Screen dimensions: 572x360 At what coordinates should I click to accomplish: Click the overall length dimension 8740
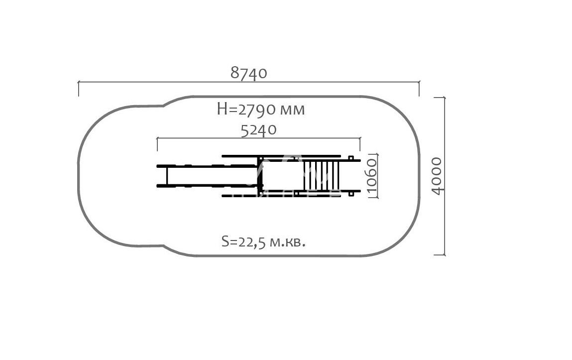[249, 73]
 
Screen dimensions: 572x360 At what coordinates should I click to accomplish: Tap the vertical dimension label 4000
[437, 176]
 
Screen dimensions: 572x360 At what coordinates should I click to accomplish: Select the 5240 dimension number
[259, 129]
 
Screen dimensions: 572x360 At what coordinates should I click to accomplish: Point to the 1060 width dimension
[371, 176]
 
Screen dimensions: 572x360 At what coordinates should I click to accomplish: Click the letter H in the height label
[222, 109]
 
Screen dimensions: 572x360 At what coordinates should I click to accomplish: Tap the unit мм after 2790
[292, 110]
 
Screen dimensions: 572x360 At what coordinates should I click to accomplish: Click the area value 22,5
[252, 242]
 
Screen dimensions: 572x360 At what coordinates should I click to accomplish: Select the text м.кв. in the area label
[287, 242]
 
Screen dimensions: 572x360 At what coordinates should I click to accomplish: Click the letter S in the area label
[225, 241]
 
